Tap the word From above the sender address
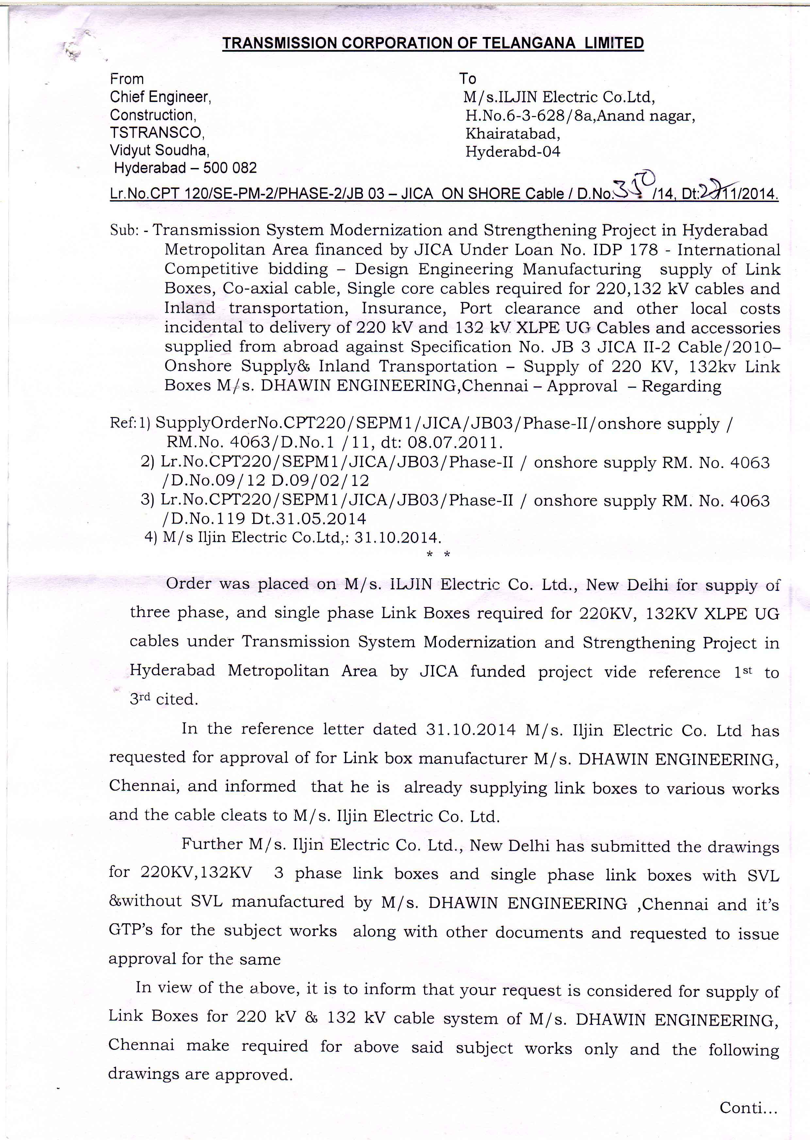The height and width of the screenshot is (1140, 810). coord(127,79)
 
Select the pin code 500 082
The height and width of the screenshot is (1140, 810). coord(230,168)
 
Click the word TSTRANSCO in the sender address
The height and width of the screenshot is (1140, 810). coord(157,132)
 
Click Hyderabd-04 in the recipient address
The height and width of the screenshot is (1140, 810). coord(512,152)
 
